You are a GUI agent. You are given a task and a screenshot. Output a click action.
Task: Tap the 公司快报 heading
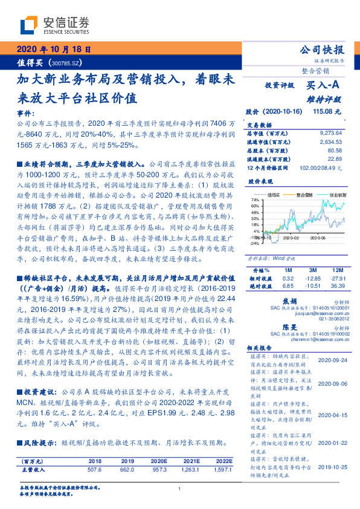pos(322,50)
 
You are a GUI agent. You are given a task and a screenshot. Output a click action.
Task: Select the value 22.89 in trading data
pos(336,158)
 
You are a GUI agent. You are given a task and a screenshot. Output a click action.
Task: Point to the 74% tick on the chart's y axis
pos(256,200)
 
